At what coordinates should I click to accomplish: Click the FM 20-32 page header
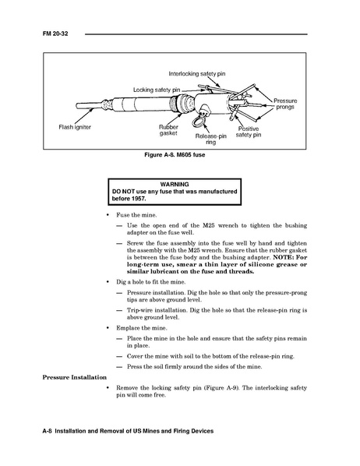pos(55,34)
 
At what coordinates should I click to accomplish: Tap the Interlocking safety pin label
pos(197,74)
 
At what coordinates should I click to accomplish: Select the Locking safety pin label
pos(157,90)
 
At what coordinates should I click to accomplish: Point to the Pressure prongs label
pos(285,104)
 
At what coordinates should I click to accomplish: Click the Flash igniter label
pos(75,127)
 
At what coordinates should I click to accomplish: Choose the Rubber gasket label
pos(168,130)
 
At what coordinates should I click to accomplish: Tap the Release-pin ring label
pos(210,139)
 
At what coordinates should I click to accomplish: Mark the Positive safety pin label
pos(249,132)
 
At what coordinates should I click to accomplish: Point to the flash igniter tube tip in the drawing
pos(78,106)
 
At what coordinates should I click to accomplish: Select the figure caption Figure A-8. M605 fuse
pos(175,155)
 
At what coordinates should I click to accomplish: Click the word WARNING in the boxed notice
pos(175,184)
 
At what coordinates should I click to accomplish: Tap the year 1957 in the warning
pos(139,199)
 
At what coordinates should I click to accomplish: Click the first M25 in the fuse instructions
pos(208,225)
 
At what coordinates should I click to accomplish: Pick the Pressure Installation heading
pos(74,377)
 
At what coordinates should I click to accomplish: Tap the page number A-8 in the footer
pos(48,431)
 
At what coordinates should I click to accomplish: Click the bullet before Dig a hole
pos(108,282)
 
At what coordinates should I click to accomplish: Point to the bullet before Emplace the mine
pos(108,328)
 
